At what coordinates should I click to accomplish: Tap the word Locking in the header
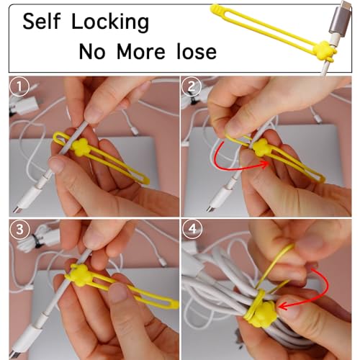pyautogui.click(x=113, y=22)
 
